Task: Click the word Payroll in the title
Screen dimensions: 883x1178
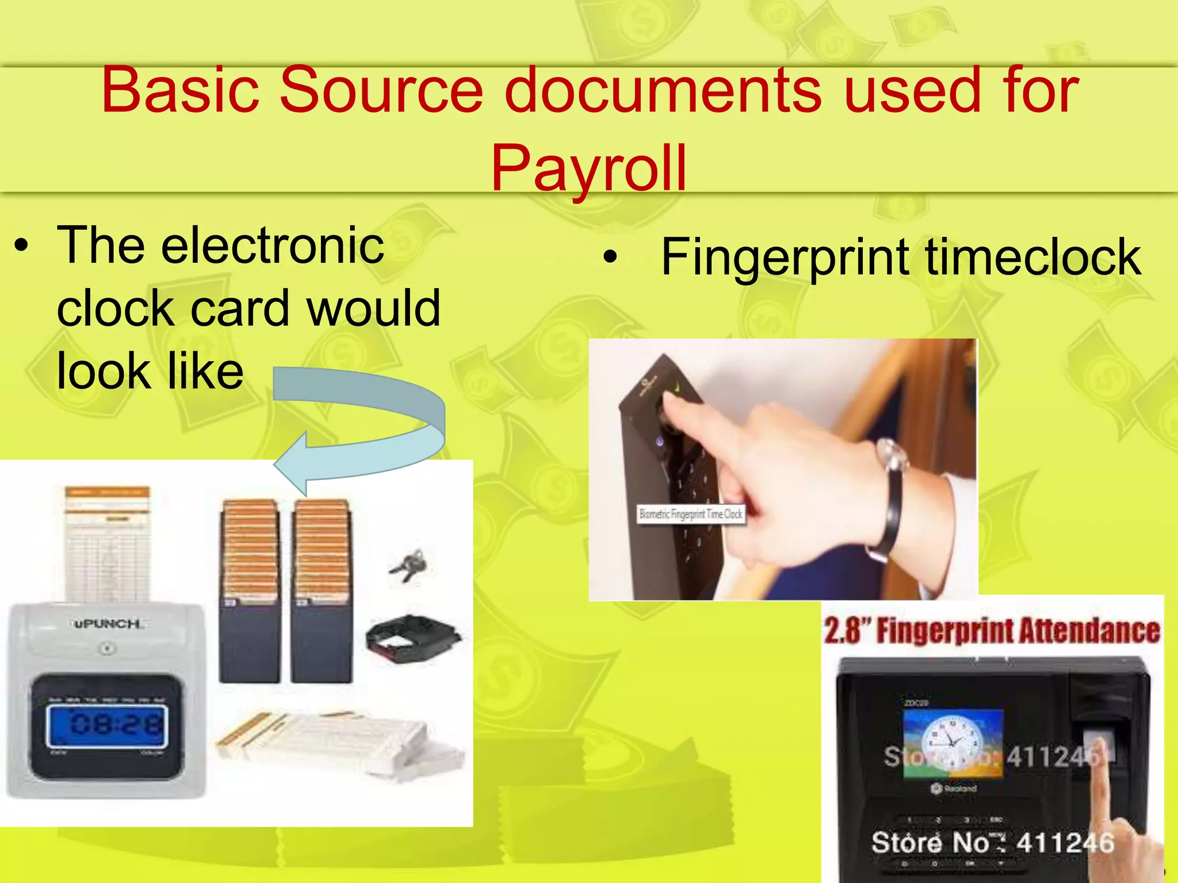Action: pos(588,168)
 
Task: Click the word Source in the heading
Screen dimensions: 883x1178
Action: pos(381,90)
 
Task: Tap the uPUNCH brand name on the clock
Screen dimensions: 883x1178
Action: pos(107,624)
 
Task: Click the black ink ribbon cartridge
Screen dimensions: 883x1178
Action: pos(412,638)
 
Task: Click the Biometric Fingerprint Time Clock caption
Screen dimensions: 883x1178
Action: pos(691,514)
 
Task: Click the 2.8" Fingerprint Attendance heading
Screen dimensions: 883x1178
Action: pos(992,631)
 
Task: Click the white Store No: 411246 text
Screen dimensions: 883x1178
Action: pos(992,843)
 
